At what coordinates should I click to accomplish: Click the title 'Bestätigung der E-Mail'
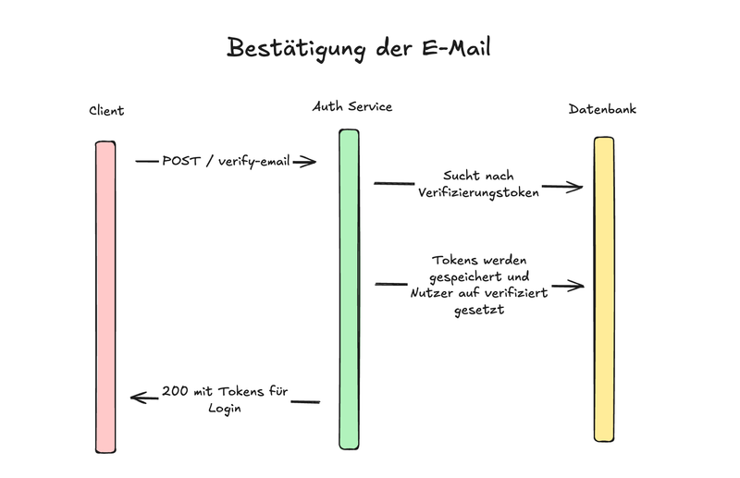point(358,48)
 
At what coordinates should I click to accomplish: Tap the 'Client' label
point(106,111)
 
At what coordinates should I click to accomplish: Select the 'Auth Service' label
point(352,106)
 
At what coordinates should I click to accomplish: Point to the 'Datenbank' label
point(602,109)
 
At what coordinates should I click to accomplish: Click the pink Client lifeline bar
point(105,296)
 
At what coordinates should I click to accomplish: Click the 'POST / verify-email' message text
point(226,161)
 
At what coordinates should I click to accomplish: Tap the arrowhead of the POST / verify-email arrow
point(311,162)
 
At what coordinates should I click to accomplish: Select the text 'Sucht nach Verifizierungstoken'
point(477,184)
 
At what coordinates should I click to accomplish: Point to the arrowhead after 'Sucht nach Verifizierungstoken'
point(576,188)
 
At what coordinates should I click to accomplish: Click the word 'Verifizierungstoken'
point(477,193)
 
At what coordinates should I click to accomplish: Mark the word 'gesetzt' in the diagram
point(479,311)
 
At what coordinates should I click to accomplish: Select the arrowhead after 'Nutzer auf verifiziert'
point(578,287)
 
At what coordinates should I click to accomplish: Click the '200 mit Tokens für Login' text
point(225,399)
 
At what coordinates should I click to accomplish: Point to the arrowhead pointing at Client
point(137,398)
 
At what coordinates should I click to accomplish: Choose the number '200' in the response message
point(175,391)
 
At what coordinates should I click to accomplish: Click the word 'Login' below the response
point(225,408)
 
